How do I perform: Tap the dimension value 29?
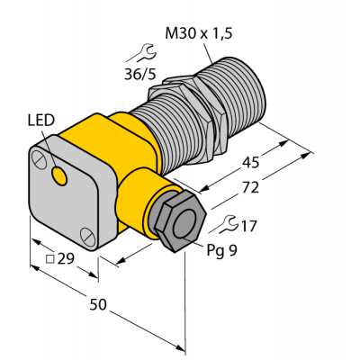click(66, 260)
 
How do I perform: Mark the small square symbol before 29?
click(49, 261)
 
